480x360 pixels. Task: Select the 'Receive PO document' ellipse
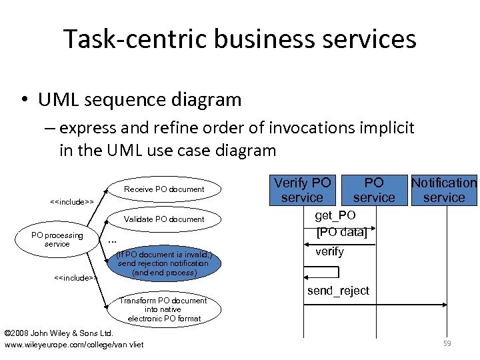(164, 189)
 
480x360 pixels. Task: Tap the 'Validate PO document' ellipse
(164, 219)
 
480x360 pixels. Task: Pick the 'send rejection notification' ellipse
(164, 263)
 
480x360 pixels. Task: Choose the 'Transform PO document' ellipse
(164, 309)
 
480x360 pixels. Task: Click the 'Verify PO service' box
(302, 189)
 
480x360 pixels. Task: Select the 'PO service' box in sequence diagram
(374, 189)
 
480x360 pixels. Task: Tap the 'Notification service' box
(444, 189)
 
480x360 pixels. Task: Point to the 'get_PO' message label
(335, 215)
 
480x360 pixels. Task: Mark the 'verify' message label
(329, 251)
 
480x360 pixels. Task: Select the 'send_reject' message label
(338, 292)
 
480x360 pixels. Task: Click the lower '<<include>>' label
(75, 277)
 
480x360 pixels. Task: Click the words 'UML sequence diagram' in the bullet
(139, 100)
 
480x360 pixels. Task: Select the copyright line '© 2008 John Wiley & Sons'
(59, 333)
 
